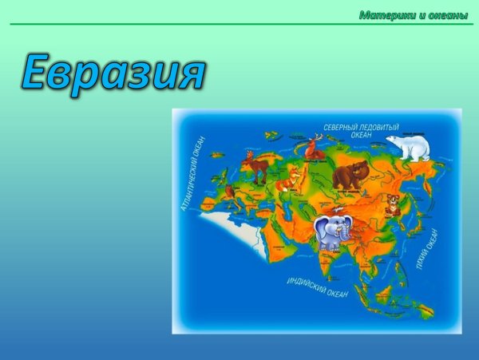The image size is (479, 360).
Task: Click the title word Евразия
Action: pyautogui.click(x=112, y=73)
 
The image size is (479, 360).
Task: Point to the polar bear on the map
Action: pyautogui.click(x=409, y=147)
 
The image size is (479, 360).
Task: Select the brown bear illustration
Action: pyautogui.click(x=350, y=174)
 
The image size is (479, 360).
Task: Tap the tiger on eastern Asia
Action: pyautogui.click(x=392, y=204)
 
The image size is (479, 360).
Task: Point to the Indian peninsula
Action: pyautogui.click(x=323, y=259)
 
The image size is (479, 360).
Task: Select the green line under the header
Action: pyautogui.click(x=239, y=24)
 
